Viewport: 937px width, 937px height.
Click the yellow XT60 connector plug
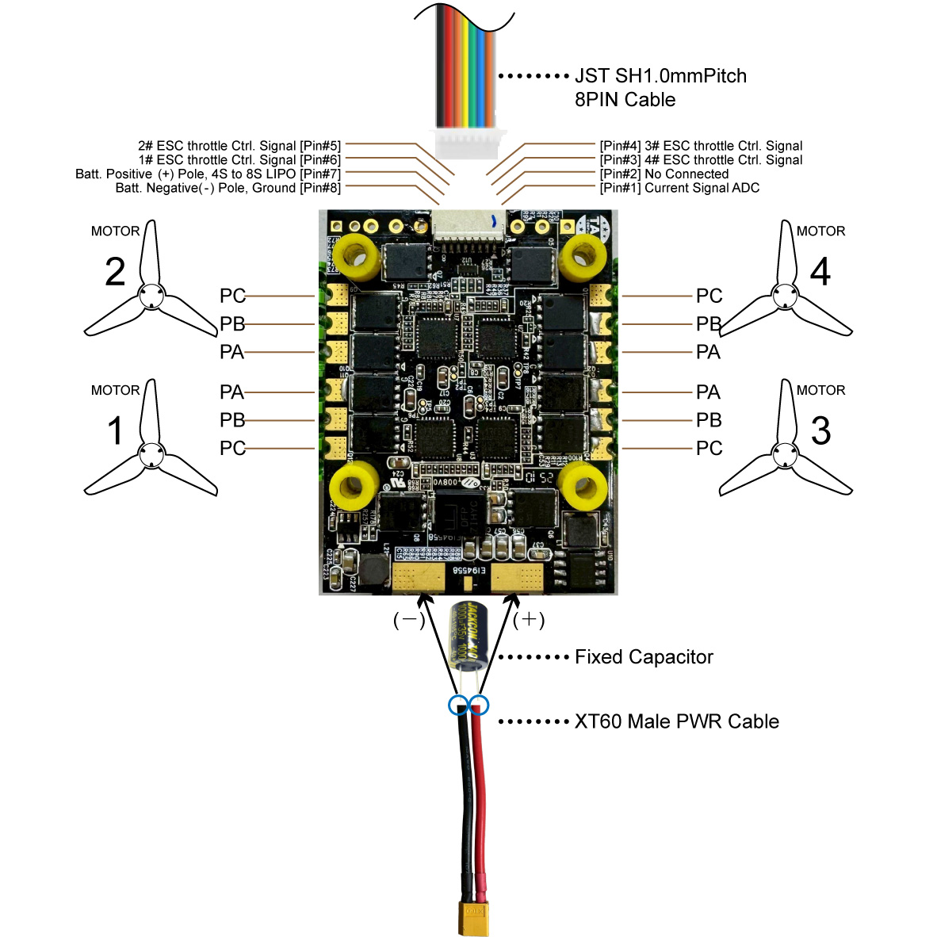473,918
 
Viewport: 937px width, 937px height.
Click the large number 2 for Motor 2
116,272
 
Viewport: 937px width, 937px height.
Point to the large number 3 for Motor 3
820,430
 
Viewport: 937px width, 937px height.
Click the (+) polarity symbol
529,620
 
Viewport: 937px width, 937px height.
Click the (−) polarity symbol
409,620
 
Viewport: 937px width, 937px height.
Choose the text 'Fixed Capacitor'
644,657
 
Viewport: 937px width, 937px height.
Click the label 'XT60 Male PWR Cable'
676,721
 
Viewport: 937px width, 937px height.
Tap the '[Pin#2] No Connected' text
664,174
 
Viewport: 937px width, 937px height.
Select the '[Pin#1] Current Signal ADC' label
679,188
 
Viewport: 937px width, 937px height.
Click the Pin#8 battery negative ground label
228,188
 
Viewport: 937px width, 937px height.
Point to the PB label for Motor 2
232,324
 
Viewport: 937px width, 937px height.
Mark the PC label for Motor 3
709,449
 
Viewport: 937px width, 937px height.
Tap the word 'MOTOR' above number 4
820,231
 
